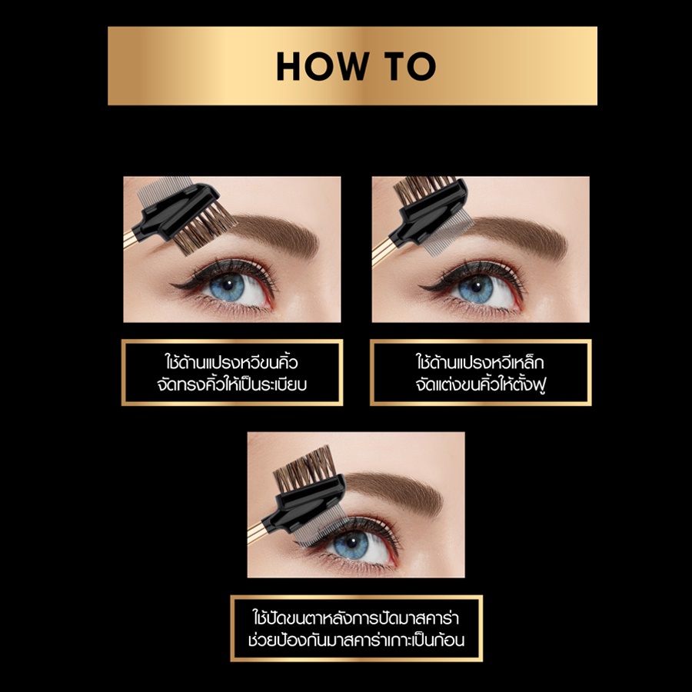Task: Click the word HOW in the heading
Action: coord(322,66)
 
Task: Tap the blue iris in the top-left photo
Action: coord(227,287)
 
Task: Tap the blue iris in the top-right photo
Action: coord(475,288)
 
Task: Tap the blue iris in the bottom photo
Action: coord(351,544)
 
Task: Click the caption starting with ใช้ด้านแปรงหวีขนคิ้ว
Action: coord(232,373)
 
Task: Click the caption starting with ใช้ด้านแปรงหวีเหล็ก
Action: coord(481,373)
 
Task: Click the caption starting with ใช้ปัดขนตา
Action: coord(356,628)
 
